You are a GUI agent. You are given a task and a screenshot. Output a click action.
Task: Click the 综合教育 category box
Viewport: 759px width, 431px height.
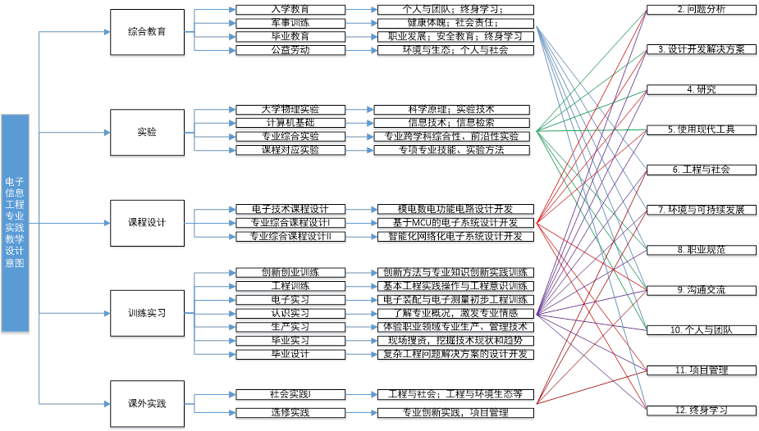coord(147,32)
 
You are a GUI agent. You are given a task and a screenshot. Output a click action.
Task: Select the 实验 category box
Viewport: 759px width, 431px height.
coord(147,132)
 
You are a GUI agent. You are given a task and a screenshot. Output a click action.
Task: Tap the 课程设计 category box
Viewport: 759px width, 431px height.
coord(147,222)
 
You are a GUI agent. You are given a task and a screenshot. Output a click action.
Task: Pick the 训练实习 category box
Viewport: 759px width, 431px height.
coord(147,313)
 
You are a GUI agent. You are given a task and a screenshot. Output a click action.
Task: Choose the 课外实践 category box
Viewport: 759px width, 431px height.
coord(147,403)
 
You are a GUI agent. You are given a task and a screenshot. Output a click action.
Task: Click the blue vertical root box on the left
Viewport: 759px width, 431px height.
coord(15,223)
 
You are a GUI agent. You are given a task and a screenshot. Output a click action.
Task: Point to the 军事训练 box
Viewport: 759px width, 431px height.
coord(290,23)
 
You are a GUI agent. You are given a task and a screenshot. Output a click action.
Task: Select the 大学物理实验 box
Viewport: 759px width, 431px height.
coord(290,109)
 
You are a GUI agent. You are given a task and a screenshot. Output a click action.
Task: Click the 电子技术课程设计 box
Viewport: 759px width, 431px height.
coord(290,209)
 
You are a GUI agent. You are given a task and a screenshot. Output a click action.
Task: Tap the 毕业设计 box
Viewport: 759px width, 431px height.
coord(290,354)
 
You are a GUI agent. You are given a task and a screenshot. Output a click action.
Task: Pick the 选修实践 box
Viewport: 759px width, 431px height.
coord(290,412)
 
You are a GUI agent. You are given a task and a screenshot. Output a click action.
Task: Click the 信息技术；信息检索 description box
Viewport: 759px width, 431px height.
coord(451,123)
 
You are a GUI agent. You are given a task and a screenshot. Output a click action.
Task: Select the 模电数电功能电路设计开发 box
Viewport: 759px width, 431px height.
coord(455,209)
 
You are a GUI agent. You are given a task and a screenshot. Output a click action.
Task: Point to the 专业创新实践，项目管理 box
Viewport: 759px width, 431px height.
coord(455,412)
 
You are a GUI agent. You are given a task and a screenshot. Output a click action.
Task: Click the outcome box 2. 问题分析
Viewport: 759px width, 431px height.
coord(701,9)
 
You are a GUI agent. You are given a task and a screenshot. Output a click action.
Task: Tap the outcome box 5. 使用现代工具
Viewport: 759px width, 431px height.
coord(701,129)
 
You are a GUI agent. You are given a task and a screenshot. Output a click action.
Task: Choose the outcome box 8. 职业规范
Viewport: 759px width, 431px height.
coord(701,249)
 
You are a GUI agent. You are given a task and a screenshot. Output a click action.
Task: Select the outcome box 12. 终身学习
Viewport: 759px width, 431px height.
coord(701,410)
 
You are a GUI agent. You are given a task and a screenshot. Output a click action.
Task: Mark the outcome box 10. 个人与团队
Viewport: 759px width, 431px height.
coord(701,329)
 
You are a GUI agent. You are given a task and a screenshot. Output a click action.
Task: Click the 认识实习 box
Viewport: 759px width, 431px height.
coord(290,313)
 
